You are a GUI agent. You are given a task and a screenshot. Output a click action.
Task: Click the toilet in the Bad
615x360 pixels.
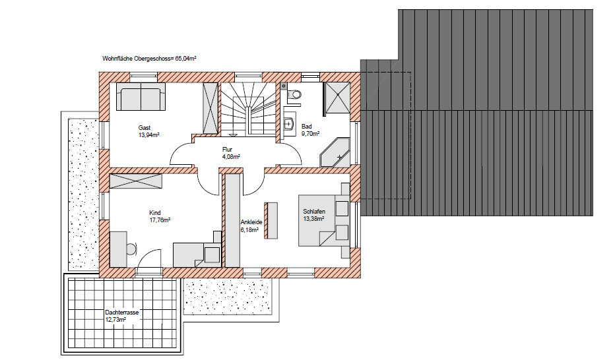tap(294, 94)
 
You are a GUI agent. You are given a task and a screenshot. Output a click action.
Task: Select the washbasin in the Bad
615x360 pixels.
tap(289, 124)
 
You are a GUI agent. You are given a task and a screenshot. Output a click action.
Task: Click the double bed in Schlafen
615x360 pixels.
tap(324, 220)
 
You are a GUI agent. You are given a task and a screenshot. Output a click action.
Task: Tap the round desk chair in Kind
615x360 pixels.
tap(132, 248)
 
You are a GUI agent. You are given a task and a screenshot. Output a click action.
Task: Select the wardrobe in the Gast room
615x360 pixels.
tap(210, 108)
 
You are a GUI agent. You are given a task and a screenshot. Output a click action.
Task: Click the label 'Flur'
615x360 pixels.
tap(228, 149)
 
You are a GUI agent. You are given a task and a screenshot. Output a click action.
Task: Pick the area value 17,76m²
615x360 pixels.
tap(160, 220)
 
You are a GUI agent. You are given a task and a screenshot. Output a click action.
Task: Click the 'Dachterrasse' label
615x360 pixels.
tap(122, 313)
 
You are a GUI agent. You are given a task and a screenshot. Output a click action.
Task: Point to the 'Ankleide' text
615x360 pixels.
tap(251, 222)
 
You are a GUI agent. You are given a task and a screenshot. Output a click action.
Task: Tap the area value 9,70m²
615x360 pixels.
tap(310, 133)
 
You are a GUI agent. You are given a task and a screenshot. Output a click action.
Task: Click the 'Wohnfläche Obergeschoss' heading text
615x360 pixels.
tap(136, 59)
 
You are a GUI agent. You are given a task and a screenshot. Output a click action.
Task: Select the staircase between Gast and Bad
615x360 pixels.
tap(248, 109)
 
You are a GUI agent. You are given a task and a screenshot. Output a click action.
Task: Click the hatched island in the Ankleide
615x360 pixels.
tap(271, 220)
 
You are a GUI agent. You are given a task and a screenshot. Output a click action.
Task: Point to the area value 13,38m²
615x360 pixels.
tap(313, 219)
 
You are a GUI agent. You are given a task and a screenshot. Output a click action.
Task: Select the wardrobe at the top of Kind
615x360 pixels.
tap(136, 181)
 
